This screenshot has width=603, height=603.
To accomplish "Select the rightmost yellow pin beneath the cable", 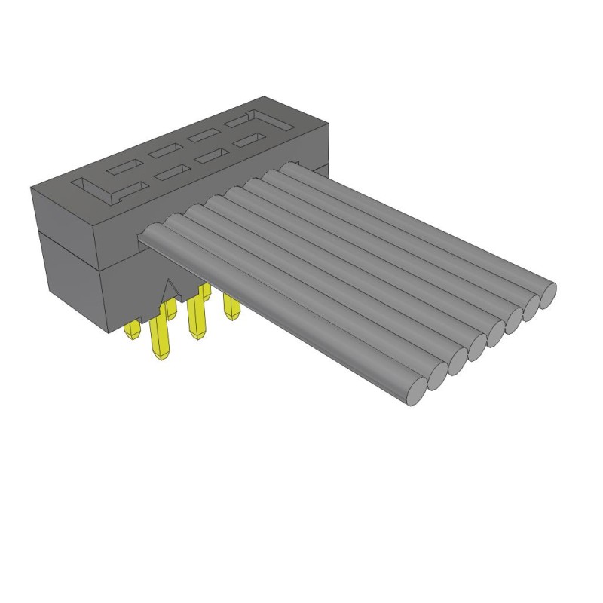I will tap(230, 305).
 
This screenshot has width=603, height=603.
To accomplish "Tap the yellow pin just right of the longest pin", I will tap(197, 317).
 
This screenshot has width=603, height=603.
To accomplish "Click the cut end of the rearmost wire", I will tap(547, 290).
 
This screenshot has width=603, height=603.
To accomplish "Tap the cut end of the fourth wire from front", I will tap(477, 345).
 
